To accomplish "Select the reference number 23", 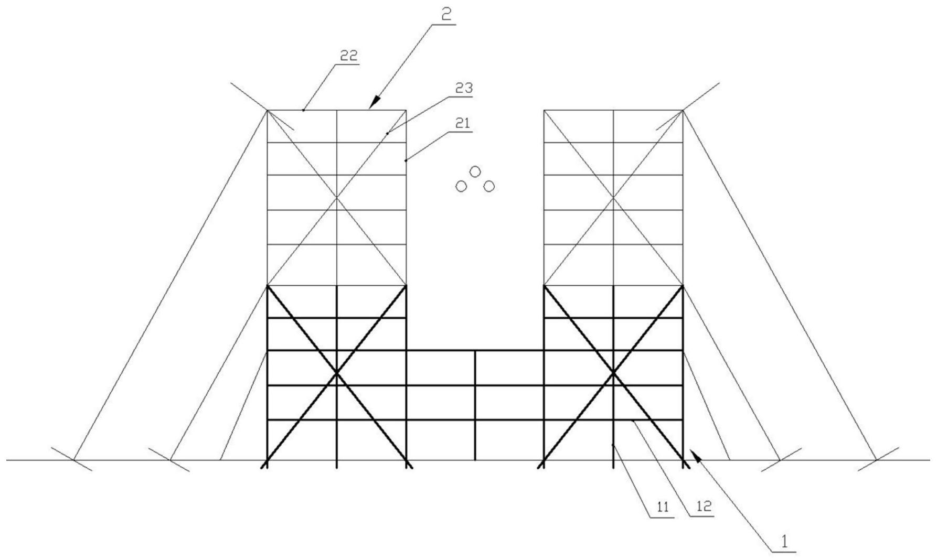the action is click(x=463, y=88).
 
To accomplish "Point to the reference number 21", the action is click(x=463, y=124).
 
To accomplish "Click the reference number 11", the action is click(x=663, y=507).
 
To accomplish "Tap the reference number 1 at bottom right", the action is click(x=785, y=542).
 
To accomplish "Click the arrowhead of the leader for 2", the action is click(x=373, y=103).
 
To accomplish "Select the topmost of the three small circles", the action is click(x=475, y=171).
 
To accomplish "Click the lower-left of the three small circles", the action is click(x=461, y=186).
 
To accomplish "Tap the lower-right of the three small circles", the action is click(x=489, y=186).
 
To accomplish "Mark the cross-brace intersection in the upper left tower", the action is click(x=336, y=198).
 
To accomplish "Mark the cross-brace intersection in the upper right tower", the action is click(x=613, y=198).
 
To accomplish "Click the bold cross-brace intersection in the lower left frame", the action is click(x=336, y=373).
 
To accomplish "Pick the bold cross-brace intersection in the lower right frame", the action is click(x=613, y=373).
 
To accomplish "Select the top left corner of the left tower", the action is click(x=268, y=110).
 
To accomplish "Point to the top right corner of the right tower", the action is click(x=683, y=110).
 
